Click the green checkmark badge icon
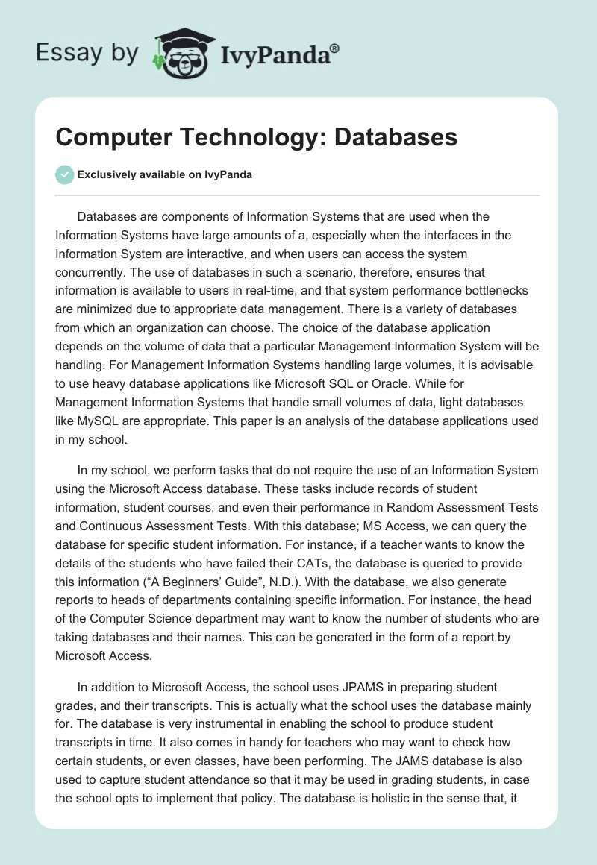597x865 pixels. click(65, 174)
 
